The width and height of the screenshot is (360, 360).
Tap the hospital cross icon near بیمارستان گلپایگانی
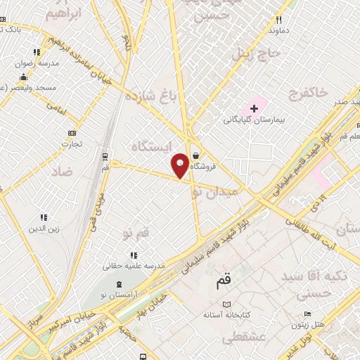[x=254, y=108]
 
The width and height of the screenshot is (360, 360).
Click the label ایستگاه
[x=148, y=146]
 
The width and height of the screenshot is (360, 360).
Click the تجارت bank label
[x=70, y=143]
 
